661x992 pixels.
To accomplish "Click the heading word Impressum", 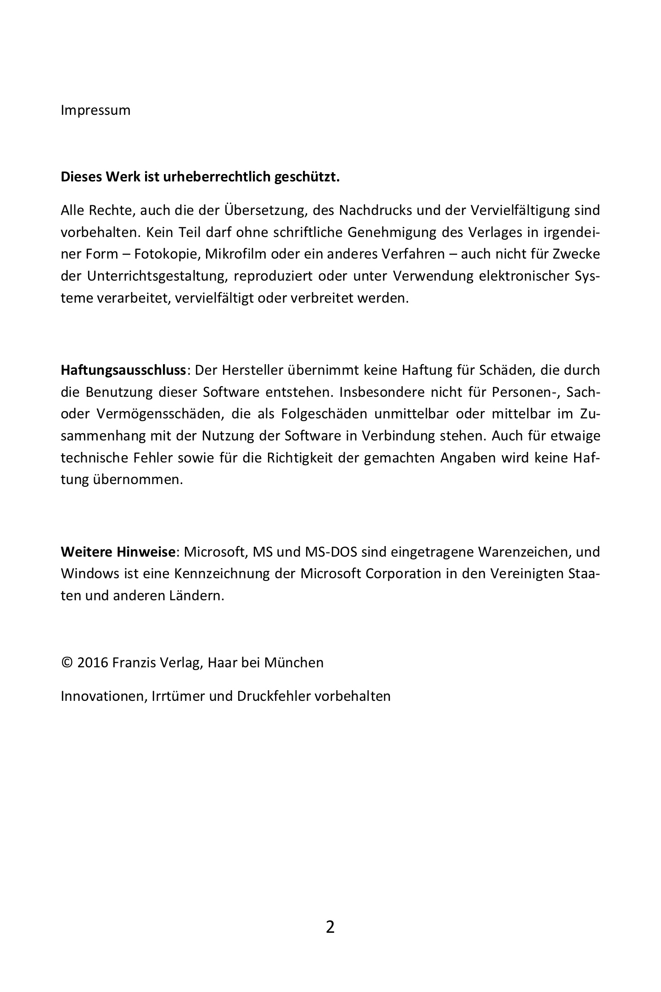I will coord(95,111).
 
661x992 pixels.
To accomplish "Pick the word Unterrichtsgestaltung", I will coord(156,276).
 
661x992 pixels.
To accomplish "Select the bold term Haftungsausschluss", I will coord(123,370).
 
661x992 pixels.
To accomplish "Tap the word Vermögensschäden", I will coord(160,414).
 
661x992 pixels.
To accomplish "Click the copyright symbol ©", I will coord(67,663).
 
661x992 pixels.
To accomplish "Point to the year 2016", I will coord(93,663).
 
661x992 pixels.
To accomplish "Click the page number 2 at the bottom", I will coord(330,927).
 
